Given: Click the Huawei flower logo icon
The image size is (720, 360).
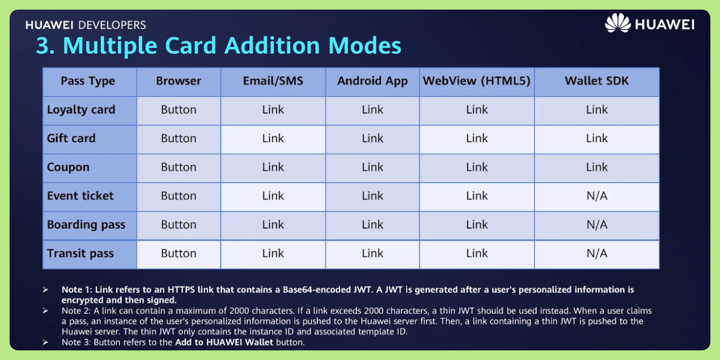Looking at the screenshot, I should pyautogui.click(x=617, y=23).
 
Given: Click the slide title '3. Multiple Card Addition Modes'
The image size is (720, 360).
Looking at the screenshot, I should pyautogui.click(x=218, y=46).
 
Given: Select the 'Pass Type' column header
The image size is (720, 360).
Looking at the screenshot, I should pyautogui.click(x=88, y=81).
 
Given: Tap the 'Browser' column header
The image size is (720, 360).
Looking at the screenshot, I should pyautogui.click(x=178, y=81).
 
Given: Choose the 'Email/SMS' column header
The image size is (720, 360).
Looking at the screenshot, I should pyautogui.click(x=273, y=81).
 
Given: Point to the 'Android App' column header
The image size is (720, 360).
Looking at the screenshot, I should pyautogui.click(x=372, y=81).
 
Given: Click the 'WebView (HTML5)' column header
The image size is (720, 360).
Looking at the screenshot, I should pyautogui.click(x=477, y=81).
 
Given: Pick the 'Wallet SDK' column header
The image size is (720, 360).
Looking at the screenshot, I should pyautogui.click(x=596, y=81).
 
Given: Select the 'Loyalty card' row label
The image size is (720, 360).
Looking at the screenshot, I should pyautogui.click(x=81, y=110).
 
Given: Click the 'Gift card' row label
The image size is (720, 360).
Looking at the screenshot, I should pyautogui.click(x=71, y=139).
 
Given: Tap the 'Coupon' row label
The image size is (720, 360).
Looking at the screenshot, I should pyautogui.click(x=68, y=167).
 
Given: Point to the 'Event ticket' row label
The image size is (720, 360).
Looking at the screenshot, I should pyautogui.click(x=80, y=196).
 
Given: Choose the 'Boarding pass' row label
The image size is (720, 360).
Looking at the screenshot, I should pyautogui.click(x=86, y=225).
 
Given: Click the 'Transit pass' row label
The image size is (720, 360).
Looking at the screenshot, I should pyautogui.click(x=80, y=254).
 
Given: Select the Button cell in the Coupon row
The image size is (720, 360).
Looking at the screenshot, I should pyautogui.click(x=178, y=167).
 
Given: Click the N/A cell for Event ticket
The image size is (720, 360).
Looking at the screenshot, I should pyautogui.click(x=596, y=196).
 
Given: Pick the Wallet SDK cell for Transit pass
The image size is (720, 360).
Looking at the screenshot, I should pyautogui.click(x=596, y=254).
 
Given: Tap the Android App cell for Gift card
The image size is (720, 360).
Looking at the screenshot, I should pyautogui.click(x=372, y=139).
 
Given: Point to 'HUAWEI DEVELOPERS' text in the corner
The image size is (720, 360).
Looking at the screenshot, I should pyautogui.click(x=86, y=25).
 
